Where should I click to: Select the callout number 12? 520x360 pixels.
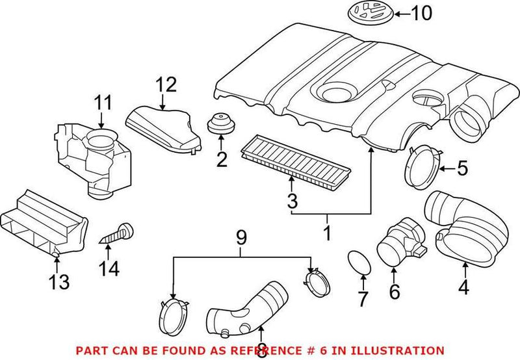166,84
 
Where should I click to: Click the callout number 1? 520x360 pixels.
328,231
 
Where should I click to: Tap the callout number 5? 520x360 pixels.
461,169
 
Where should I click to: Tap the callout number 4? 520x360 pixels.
464,286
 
